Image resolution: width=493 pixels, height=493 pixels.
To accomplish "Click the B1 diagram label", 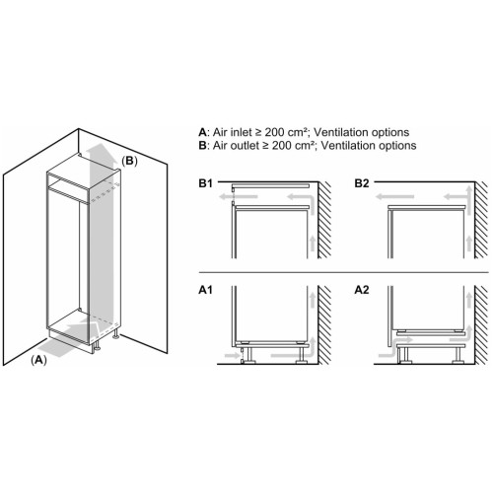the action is tap(206, 183).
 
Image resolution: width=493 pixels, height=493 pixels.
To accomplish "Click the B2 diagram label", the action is tap(362, 183).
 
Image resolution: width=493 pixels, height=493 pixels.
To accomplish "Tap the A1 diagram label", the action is tap(206, 290).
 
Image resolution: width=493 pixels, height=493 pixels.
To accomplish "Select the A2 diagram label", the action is tap(362, 290).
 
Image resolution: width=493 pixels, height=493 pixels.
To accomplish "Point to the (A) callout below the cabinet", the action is tap(38, 360).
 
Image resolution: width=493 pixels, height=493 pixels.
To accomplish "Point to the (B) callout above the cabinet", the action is tap(129, 161).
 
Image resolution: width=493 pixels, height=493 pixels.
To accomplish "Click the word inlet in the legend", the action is tap(242, 132).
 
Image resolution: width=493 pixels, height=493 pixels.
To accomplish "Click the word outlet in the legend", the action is tap(245, 145).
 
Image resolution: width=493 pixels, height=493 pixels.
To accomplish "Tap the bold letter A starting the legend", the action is tap(202, 132).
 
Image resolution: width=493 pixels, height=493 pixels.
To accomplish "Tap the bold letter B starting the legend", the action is tap(202, 145).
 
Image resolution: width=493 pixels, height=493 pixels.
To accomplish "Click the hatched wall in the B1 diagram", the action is tap(324, 220).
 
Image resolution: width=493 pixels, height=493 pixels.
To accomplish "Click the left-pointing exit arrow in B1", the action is tap(239, 197).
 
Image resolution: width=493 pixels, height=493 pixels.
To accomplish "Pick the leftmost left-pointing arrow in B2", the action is tap(394, 197).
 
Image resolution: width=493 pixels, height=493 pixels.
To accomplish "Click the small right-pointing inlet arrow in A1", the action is tap(232, 355).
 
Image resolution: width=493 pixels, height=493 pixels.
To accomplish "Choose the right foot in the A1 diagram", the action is tap(302, 354).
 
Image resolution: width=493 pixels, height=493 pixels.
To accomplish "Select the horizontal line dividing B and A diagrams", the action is tap(344, 272).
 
